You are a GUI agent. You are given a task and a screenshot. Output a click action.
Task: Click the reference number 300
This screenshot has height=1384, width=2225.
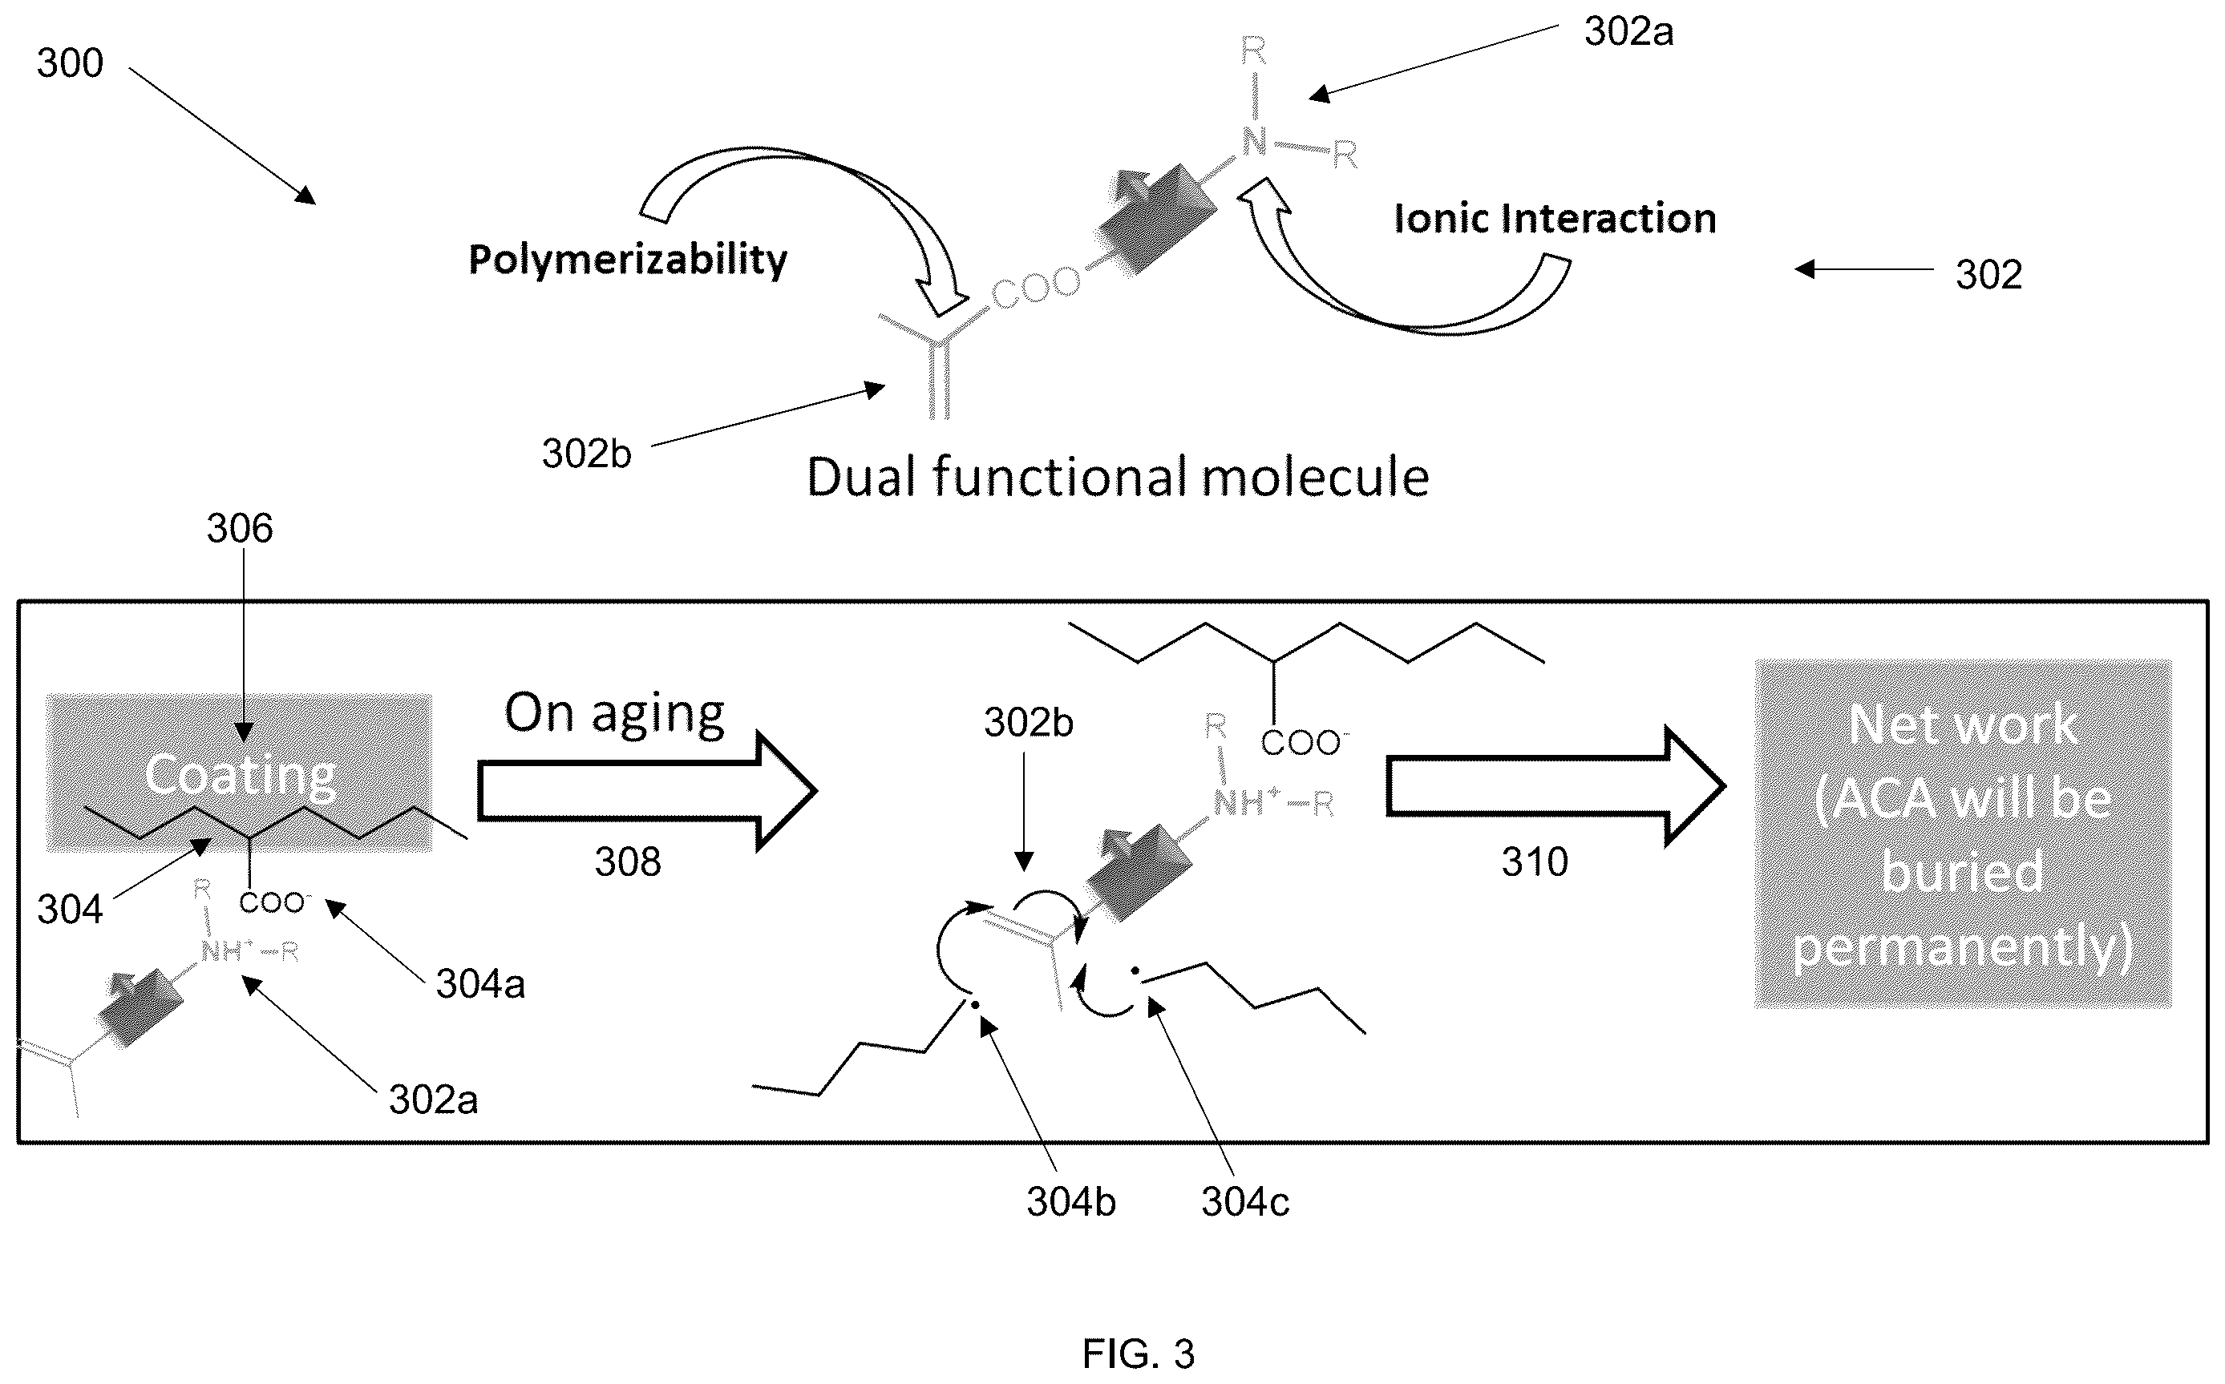(70, 63)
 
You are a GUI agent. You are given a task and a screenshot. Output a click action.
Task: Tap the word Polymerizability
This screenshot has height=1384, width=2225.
(627, 259)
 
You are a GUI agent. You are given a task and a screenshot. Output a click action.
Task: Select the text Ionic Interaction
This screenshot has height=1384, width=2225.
(1555, 219)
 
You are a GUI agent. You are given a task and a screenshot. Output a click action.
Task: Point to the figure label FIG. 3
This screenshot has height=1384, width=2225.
(1138, 1353)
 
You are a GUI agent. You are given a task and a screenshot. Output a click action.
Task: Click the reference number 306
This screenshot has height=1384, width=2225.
(240, 528)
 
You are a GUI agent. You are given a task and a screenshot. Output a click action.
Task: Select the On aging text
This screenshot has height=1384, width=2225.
(614, 714)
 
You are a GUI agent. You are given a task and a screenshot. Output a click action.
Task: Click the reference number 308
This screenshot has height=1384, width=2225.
(627, 861)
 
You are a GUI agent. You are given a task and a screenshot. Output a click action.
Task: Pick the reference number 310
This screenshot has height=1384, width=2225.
(1535, 861)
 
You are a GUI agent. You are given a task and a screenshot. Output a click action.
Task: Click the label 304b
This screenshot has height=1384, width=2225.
(1070, 1202)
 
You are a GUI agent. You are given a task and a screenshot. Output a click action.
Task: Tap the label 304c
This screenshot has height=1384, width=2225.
(1245, 1202)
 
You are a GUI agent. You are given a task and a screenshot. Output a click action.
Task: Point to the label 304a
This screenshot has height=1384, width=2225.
(479, 984)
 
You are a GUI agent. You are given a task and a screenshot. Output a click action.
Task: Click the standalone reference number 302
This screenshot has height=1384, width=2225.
(1988, 275)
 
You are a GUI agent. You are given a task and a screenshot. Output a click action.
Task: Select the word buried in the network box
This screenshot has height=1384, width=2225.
(1962, 870)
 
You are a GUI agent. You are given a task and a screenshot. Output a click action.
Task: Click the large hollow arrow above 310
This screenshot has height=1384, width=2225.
(1555, 786)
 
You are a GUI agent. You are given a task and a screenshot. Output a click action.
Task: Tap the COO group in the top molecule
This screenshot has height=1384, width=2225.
(1036, 289)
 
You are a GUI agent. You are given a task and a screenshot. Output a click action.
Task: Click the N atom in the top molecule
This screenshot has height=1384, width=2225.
(1253, 141)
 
